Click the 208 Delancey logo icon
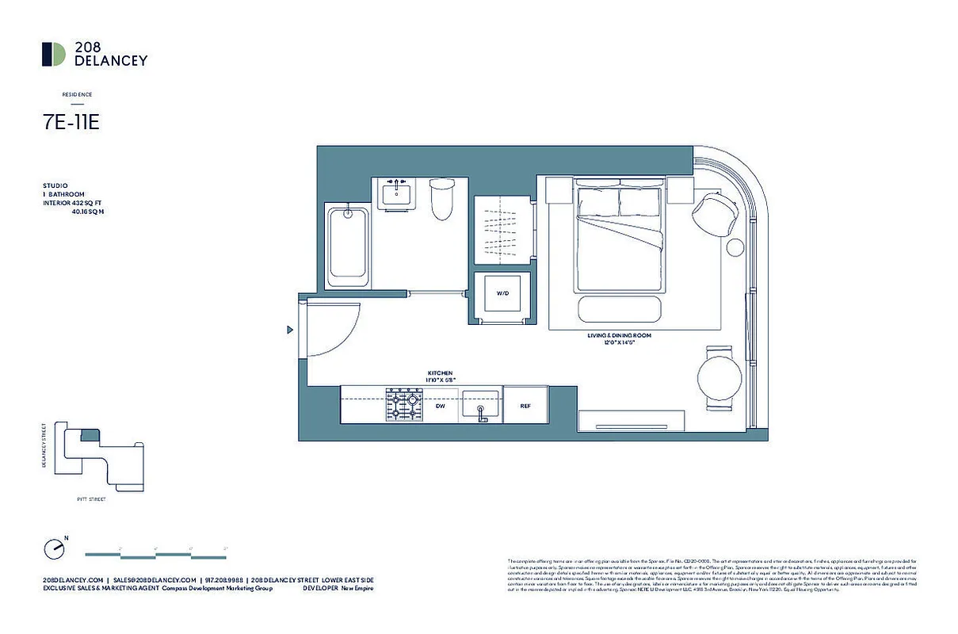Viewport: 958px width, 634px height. pos(54,54)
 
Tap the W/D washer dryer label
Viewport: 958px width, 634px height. pos(502,293)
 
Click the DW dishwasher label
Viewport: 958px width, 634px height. pos(441,405)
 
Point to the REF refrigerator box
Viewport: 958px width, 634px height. pos(525,405)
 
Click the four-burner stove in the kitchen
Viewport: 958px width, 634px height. pos(403,405)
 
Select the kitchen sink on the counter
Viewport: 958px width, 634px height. pos(481,405)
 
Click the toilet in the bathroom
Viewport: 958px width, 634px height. pos(441,200)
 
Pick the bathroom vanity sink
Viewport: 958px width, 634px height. pos(394,194)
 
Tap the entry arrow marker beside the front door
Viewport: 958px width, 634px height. pos(290,330)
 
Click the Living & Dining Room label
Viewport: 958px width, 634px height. pos(619,339)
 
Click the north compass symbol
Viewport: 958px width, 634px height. pos(54,548)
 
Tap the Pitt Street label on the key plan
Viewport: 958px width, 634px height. pos(92,500)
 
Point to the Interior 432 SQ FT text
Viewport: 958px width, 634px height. pos(74,203)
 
